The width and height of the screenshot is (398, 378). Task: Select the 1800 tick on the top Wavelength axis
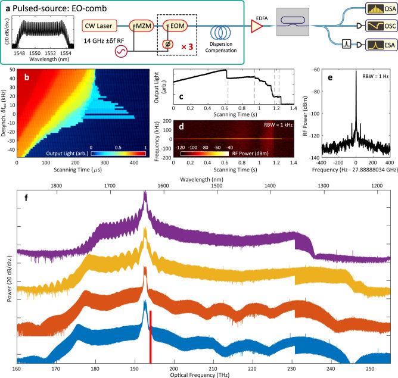coord(56,169)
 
